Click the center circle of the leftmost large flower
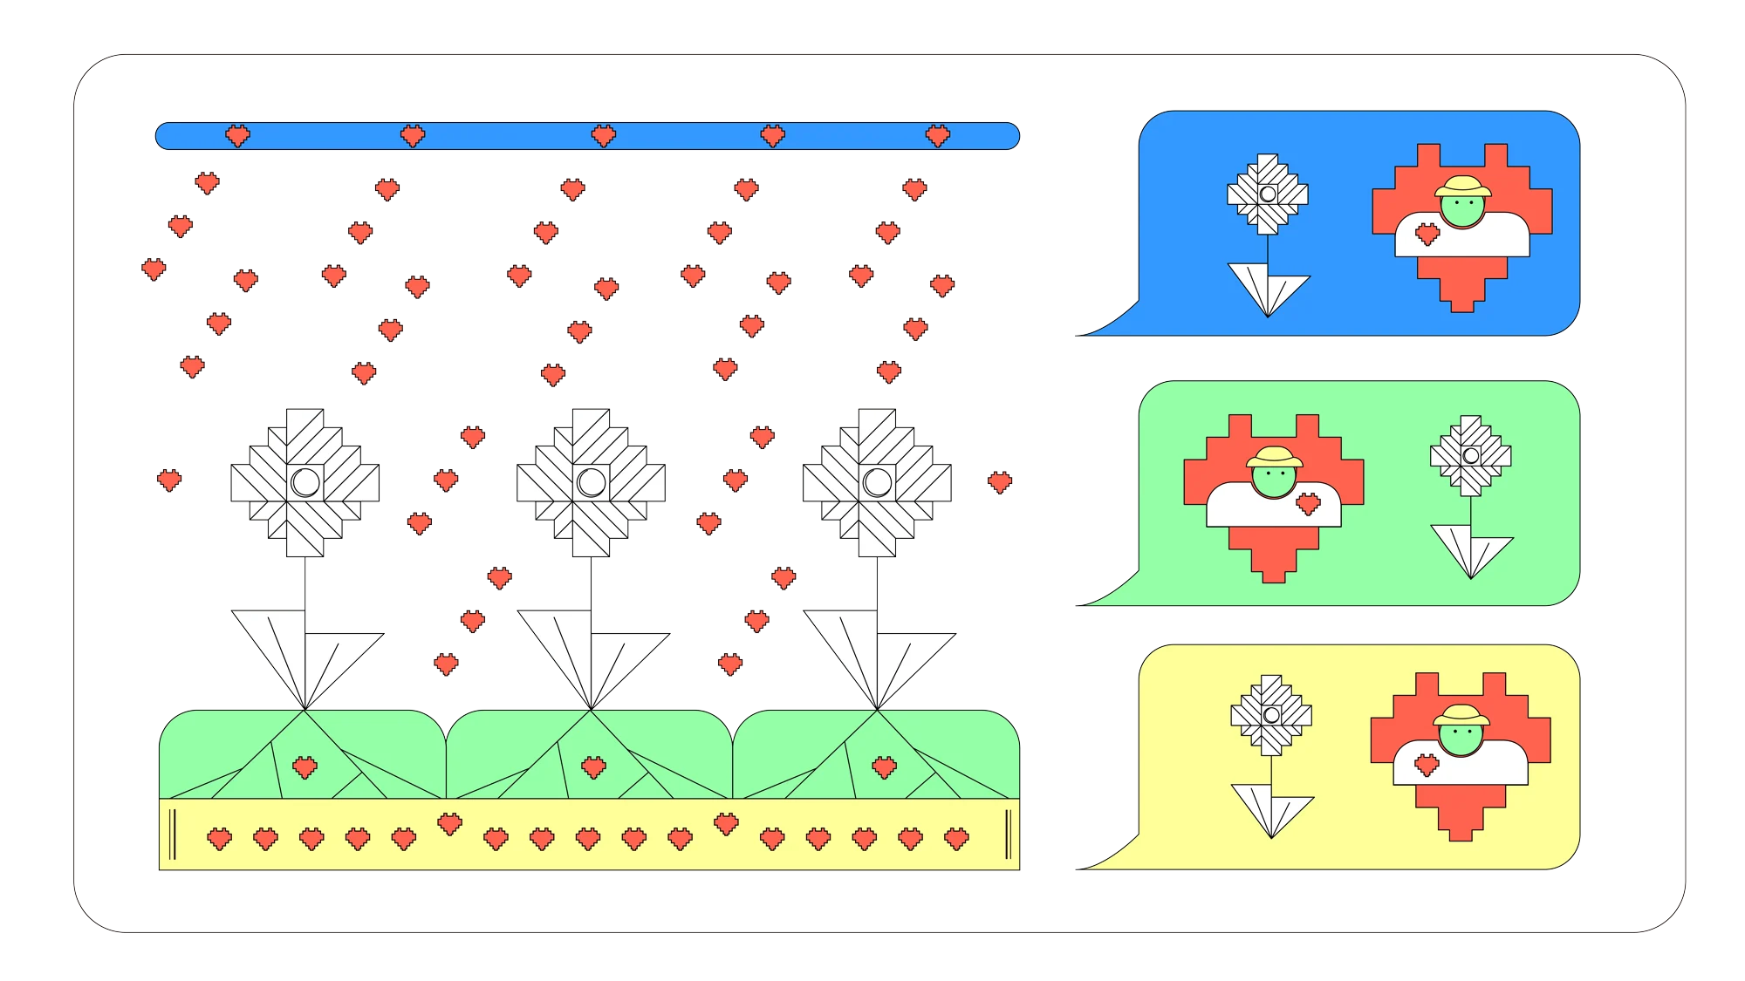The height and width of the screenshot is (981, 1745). point(305,481)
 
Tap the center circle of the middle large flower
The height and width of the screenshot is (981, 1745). point(592,481)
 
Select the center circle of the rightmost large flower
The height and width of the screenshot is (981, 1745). point(878,481)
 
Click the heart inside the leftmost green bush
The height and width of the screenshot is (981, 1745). point(305,767)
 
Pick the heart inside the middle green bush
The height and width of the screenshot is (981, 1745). point(593,767)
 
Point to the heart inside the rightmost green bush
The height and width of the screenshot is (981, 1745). point(885,767)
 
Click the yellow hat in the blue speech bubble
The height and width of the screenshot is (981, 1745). point(1464,187)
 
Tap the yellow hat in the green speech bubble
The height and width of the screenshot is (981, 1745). point(1274,457)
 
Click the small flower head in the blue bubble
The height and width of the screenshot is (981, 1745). point(1268,194)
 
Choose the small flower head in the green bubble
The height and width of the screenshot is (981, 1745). point(1471,455)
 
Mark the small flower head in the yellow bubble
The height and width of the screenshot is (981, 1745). point(1271,715)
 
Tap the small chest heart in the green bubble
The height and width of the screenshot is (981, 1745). point(1308,503)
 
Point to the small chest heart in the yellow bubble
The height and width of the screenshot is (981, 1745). point(1427,765)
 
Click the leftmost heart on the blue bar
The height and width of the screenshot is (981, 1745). point(237,135)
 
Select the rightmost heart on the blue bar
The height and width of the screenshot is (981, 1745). point(938,135)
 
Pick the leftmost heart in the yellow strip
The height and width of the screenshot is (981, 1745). point(219,839)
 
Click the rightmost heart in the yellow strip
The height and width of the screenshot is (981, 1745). point(957,839)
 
